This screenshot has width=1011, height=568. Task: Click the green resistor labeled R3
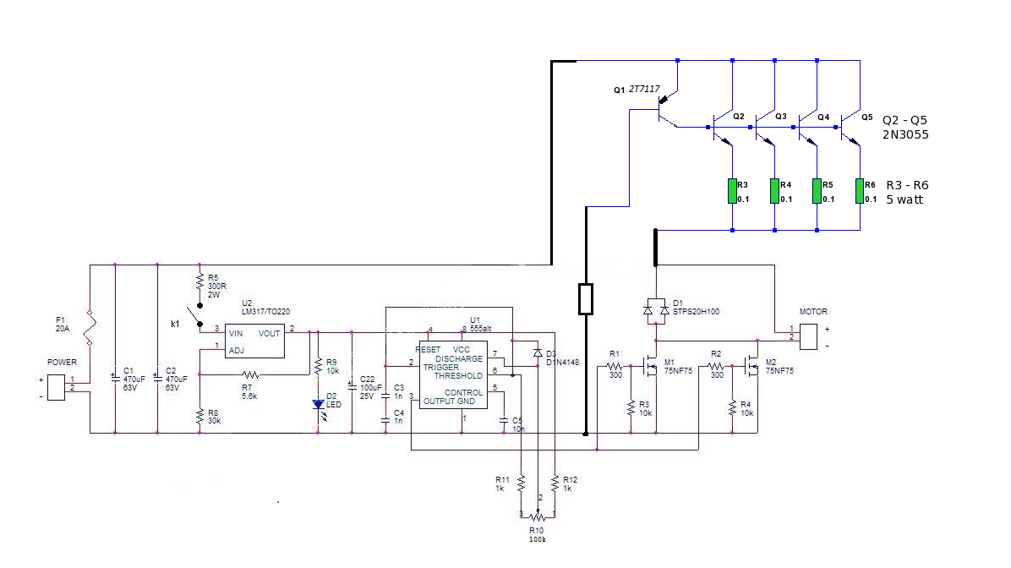tap(732, 191)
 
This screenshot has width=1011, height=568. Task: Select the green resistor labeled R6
tap(860, 191)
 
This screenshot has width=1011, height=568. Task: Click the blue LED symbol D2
tap(318, 404)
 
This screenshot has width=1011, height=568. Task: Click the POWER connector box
tap(57, 385)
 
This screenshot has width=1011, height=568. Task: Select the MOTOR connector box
tap(810, 336)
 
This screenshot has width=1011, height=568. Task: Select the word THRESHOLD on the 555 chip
tap(459, 375)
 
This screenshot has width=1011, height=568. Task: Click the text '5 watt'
tap(904, 200)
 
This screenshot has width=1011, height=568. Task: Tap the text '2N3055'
tap(906, 134)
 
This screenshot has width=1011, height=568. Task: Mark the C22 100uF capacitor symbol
tap(352, 390)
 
